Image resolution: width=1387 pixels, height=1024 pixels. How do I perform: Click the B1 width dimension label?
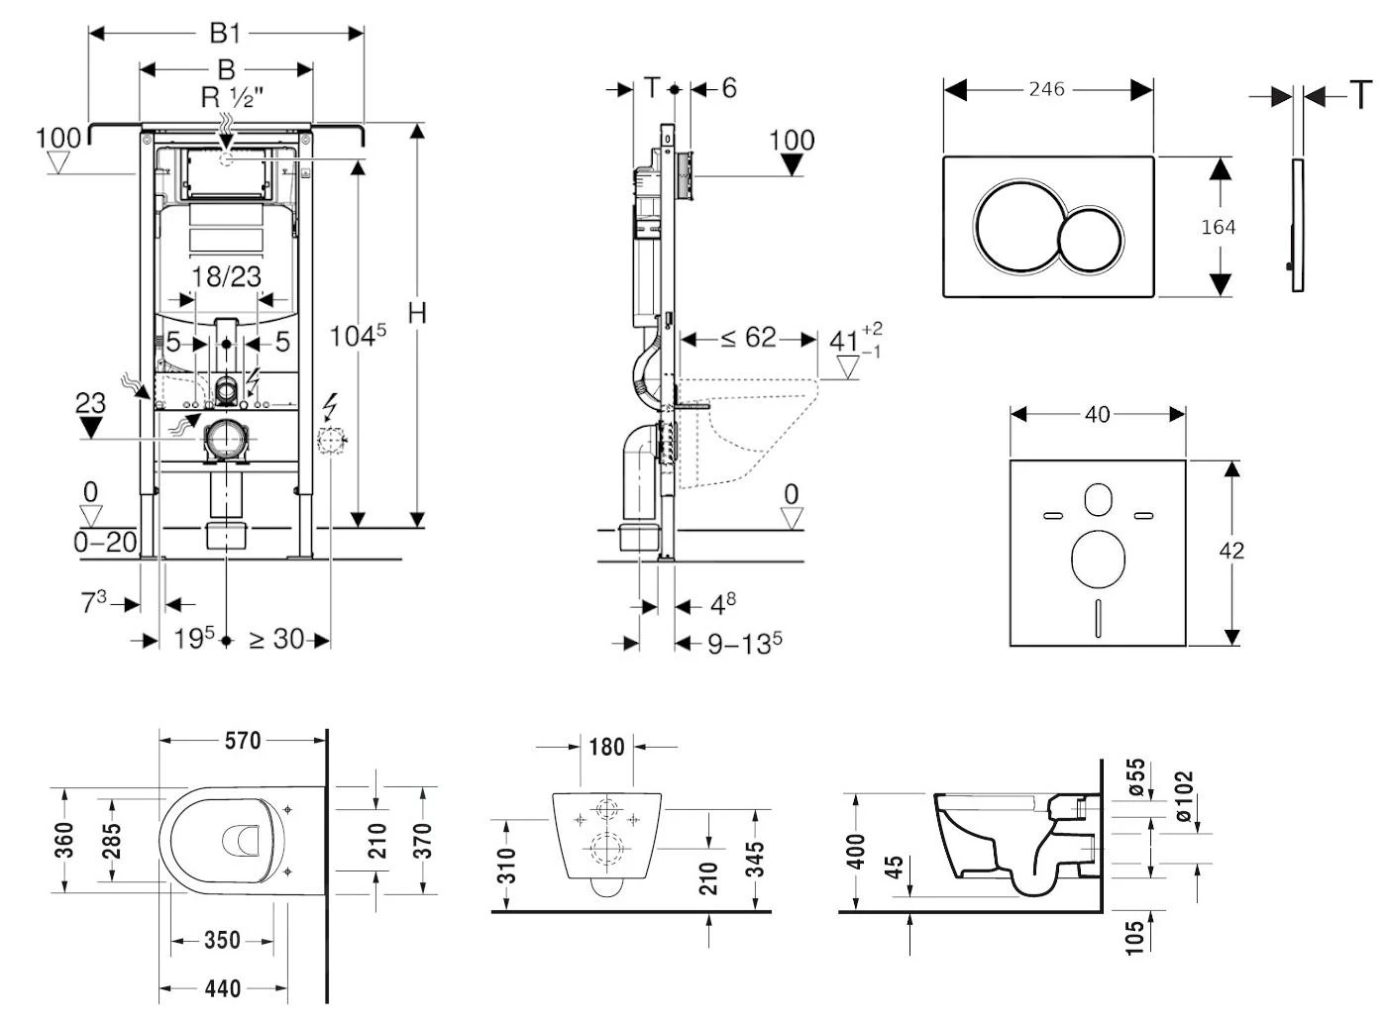tap(225, 33)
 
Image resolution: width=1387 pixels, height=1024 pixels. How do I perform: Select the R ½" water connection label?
tap(233, 98)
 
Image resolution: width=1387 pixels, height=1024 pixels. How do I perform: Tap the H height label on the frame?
tap(417, 313)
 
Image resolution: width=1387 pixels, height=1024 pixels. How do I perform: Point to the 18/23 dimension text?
tap(226, 276)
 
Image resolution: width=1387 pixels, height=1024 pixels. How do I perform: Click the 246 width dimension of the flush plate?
tap(1046, 89)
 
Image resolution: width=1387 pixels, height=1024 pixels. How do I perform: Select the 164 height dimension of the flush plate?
tap(1218, 227)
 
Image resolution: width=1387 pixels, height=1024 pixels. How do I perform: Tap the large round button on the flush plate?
tap(1015, 227)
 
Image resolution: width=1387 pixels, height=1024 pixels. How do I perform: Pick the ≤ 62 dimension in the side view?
tap(748, 339)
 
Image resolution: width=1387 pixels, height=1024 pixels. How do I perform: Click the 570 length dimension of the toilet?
tap(243, 740)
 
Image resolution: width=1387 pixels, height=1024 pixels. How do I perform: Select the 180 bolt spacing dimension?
tap(606, 746)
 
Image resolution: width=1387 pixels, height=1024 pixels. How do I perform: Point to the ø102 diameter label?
tap(1184, 794)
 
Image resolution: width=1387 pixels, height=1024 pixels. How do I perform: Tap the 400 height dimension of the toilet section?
tap(857, 851)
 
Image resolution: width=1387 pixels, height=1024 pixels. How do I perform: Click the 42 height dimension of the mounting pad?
tap(1231, 551)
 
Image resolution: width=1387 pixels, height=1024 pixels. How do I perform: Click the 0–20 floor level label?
tap(105, 542)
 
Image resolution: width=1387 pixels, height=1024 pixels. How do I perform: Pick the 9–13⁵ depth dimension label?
tap(744, 644)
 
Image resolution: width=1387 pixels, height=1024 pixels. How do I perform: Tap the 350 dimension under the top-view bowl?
tap(222, 940)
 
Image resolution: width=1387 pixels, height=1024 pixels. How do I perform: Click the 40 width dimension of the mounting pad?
tap(1097, 414)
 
